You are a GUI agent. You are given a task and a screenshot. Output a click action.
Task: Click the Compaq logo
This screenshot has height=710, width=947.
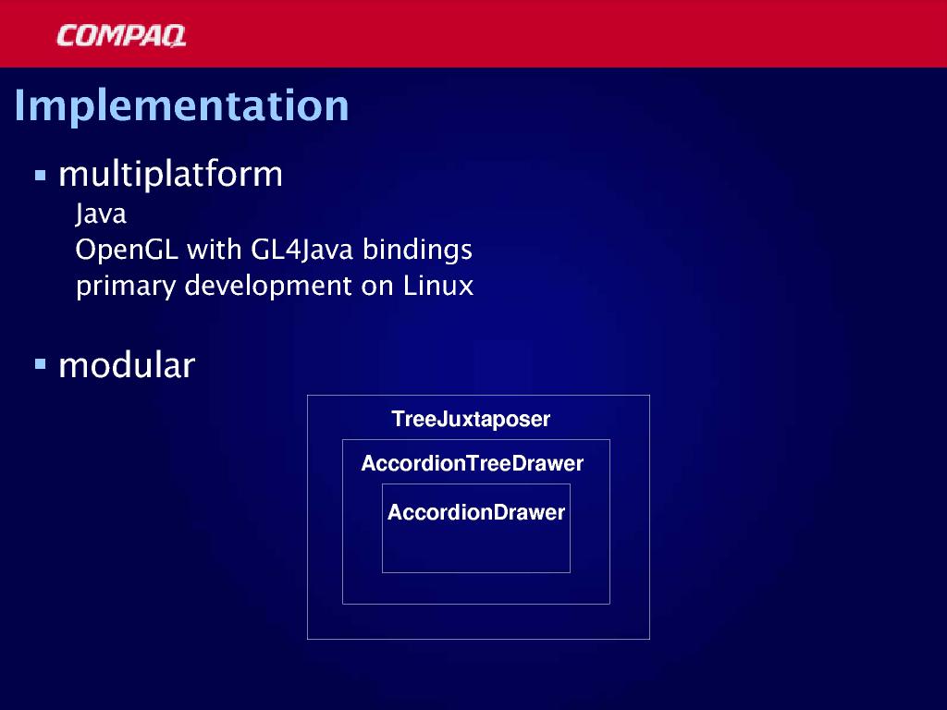[x=121, y=36]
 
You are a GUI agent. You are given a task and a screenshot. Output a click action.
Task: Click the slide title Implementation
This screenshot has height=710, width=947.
[x=182, y=105]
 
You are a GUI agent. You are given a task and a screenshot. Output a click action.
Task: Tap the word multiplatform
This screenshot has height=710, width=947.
[x=170, y=175]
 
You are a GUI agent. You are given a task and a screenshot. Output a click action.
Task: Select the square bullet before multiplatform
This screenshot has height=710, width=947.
[x=41, y=176]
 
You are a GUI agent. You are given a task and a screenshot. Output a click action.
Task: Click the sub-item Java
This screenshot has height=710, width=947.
[x=101, y=214]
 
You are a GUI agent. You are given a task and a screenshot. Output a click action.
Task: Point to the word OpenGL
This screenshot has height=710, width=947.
[x=127, y=250]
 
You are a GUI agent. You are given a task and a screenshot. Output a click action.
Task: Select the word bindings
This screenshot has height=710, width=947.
[x=417, y=250]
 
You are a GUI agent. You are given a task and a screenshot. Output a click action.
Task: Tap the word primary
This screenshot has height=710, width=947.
[x=126, y=287]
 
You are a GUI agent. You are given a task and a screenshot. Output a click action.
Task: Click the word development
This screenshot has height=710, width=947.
[x=268, y=287]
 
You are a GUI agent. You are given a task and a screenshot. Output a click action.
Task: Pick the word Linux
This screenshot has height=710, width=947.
[x=437, y=285]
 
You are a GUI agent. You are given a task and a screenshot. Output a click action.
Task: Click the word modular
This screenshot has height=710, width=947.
[x=127, y=365]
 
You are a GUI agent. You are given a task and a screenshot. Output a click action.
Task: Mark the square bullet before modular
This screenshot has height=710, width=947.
[x=41, y=364]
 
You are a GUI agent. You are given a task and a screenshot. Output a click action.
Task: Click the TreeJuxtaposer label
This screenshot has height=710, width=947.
[x=471, y=420]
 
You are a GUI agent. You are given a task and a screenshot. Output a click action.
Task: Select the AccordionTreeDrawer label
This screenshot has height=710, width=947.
[x=473, y=464]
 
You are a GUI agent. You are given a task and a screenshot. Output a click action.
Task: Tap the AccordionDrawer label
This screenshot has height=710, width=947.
[x=476, y=512]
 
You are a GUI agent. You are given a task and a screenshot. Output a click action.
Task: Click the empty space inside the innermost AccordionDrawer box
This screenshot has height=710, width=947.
[x=476, y=548]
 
